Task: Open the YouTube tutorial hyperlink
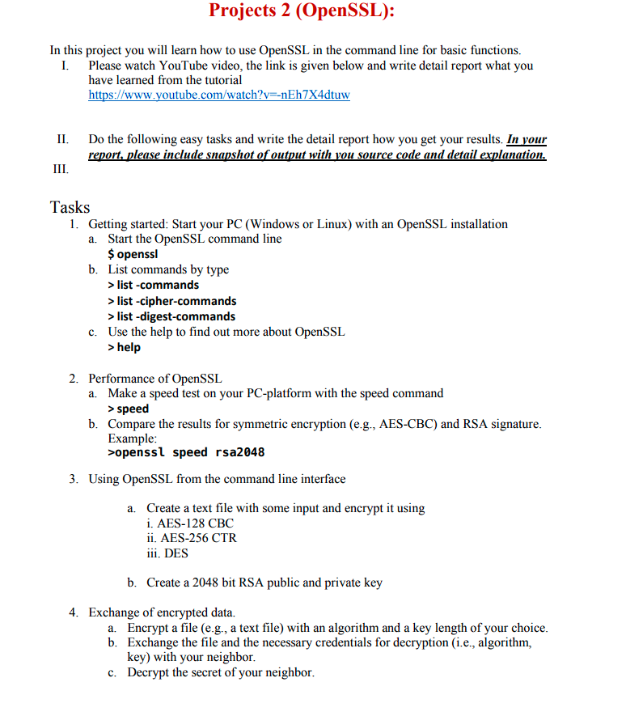219,95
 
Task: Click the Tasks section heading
70,207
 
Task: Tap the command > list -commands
153,285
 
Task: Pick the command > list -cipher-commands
172,301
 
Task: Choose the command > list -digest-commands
171,316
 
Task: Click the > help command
125,347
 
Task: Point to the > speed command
129,409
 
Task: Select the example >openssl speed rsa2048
186,452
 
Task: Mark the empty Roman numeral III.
59,170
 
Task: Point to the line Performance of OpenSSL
154,379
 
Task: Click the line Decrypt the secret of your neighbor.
221,673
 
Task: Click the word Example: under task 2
132,438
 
